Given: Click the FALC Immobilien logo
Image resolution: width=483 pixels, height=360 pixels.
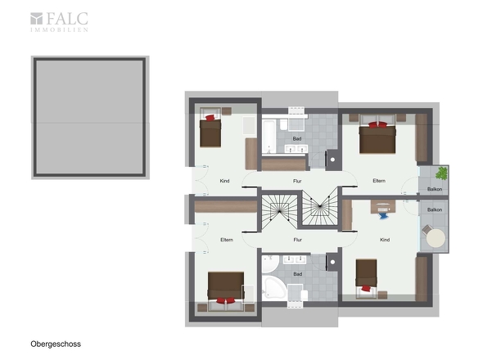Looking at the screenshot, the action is coord(59,22).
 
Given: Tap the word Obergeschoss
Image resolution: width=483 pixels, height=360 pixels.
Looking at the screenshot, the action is coord(56,344).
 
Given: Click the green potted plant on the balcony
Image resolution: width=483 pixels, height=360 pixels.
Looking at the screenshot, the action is coord(442,173).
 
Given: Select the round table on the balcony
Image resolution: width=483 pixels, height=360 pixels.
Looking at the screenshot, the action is coord(436,238).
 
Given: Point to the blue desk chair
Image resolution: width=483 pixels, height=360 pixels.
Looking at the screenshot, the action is coord(383,214).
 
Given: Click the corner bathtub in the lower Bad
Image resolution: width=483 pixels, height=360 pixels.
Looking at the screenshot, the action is coord(273,287).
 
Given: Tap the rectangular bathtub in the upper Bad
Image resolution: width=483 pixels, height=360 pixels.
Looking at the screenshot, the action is coord(269,137).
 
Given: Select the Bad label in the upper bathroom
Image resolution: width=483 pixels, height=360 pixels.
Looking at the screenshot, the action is coord(297,139).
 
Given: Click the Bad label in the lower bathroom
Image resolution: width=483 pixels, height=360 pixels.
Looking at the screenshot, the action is coord(297,274).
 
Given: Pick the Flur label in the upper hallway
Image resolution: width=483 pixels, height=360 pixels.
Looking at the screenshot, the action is coord(297,181).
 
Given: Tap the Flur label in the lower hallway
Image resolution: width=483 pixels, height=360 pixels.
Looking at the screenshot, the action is coord(297,240).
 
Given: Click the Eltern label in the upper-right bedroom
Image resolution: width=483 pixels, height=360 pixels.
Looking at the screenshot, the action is coord(379,181).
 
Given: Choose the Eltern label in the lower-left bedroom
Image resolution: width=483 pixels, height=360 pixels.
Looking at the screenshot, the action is coord(227,240).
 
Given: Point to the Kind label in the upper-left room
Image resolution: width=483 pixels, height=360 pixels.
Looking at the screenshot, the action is coord(224,181).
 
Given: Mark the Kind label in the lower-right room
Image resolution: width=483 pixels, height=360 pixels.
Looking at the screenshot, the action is coord(385,240).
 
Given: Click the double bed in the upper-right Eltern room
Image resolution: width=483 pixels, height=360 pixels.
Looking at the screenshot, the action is coord(377,134).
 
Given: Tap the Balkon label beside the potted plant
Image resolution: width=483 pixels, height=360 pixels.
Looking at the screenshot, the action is coord(435,189).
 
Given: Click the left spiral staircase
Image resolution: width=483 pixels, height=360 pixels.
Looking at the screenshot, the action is coord(280,211).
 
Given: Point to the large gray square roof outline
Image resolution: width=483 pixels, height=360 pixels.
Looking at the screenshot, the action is coord(90,118).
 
